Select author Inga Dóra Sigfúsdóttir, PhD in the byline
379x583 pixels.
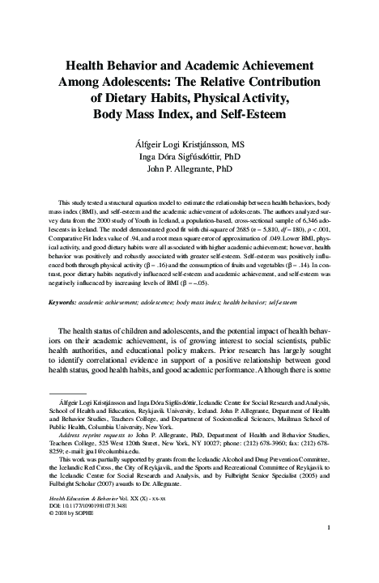tap(189, 157)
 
